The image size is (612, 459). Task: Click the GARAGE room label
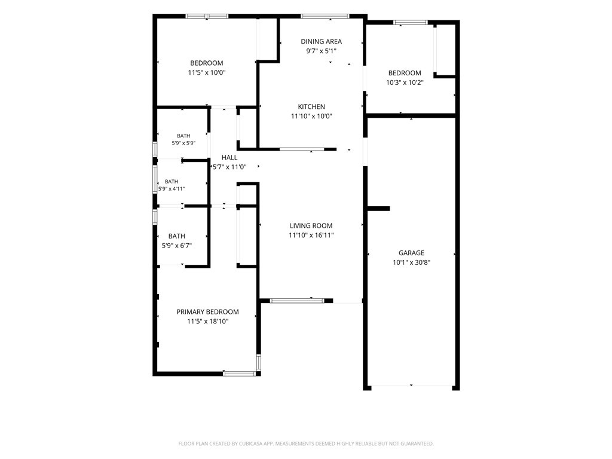[411, 253]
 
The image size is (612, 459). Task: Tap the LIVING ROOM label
[311, 225]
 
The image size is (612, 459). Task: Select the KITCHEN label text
[311, 106]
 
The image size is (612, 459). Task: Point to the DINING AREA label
[321, 41]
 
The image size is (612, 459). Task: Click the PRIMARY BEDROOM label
[207, 312]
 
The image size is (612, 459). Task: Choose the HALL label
[229, 158]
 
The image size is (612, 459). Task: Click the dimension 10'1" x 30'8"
[411, 263]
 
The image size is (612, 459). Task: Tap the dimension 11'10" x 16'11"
[311, 235]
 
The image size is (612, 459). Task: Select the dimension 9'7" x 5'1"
[321, 51]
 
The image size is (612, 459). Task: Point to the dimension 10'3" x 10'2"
[405, 82]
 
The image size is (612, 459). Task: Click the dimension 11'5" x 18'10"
[207, 322]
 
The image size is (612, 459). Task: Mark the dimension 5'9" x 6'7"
[177, 246]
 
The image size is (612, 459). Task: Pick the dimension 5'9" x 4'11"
[172, 189]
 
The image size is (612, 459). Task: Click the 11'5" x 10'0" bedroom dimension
[207, 72]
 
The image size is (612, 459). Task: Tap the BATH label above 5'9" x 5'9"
[183, 136]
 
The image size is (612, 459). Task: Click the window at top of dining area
[325, 16]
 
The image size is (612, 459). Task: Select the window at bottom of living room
[297, 301]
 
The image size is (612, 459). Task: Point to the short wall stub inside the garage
[378, 209]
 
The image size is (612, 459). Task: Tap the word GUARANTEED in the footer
[418, 444]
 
